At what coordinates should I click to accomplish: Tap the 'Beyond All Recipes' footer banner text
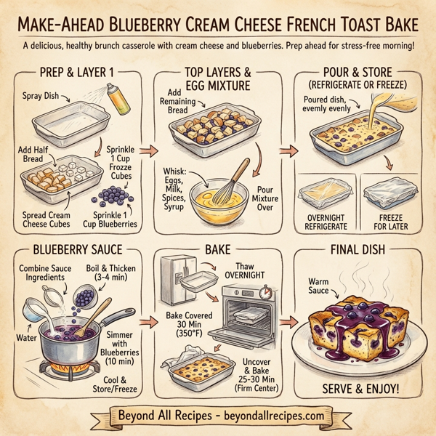tap(218, 416)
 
